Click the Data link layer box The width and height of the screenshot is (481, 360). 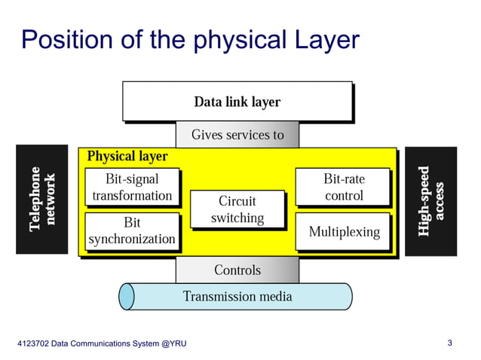click(x=237, y=101)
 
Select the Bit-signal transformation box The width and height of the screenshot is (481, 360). click(x=132, y=187)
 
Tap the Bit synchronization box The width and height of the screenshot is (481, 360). click(x=132, y=231)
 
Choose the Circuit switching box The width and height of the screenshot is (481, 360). click(x=237, y=209)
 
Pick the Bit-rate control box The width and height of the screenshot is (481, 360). click(x=343, y=187)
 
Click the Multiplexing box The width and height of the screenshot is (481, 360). click(x=343, y=231)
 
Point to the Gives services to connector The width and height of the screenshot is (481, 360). click(x=237, y=135)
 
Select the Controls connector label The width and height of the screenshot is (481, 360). click(x=237, y=270)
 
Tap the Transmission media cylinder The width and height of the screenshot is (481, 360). click(x=237, y=297)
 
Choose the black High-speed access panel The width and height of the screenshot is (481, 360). click(x=430, y=200)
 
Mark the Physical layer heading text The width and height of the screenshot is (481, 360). click(x=127, y=157)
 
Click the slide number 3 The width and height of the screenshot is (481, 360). click(x=449, y=343)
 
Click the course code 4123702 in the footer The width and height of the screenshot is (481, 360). click(x=35, y=344)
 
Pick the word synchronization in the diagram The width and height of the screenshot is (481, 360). click(x=132, y=239)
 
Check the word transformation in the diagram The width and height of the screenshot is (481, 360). click(x=132, y=196)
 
